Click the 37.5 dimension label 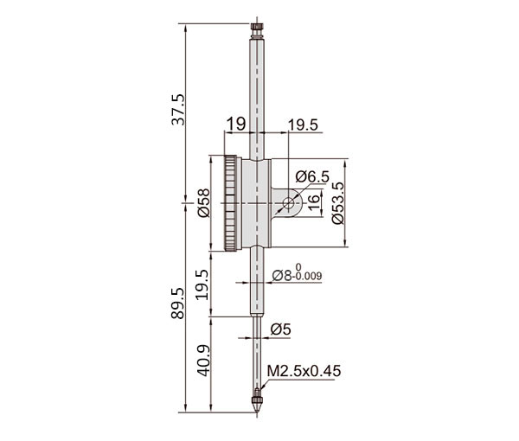178,110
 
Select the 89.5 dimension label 178,303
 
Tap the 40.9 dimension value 204,361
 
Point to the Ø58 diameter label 204,203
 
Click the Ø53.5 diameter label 338,203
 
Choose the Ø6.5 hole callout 312,176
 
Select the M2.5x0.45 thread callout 304,371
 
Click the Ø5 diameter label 280,329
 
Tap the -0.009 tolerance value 308,276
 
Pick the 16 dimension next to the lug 313,202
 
